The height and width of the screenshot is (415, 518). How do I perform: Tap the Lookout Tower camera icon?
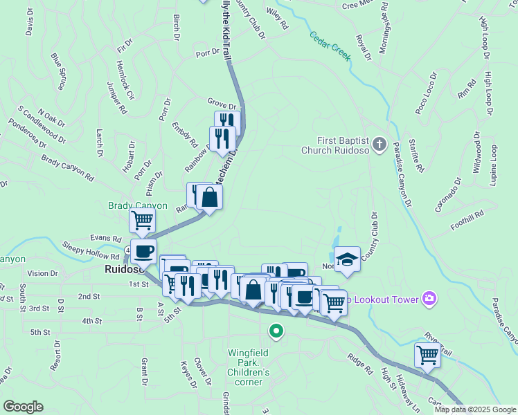click(430, 298)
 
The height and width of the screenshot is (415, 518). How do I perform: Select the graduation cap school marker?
click(347, 259)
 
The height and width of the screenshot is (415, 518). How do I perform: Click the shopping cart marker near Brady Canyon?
click(142, 221)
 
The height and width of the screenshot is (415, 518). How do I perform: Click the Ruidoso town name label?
click(123, 269)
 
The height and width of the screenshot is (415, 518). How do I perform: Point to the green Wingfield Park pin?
click(276, 331)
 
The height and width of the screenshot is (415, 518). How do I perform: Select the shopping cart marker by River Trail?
click(427, 356)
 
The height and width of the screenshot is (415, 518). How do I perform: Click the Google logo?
click(22, 407)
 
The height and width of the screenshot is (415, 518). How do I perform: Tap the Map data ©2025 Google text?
click(475, 409)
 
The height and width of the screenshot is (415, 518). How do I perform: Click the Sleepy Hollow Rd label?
click(90, 248)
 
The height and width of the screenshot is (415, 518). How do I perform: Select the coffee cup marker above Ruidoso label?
click(143, 251)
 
